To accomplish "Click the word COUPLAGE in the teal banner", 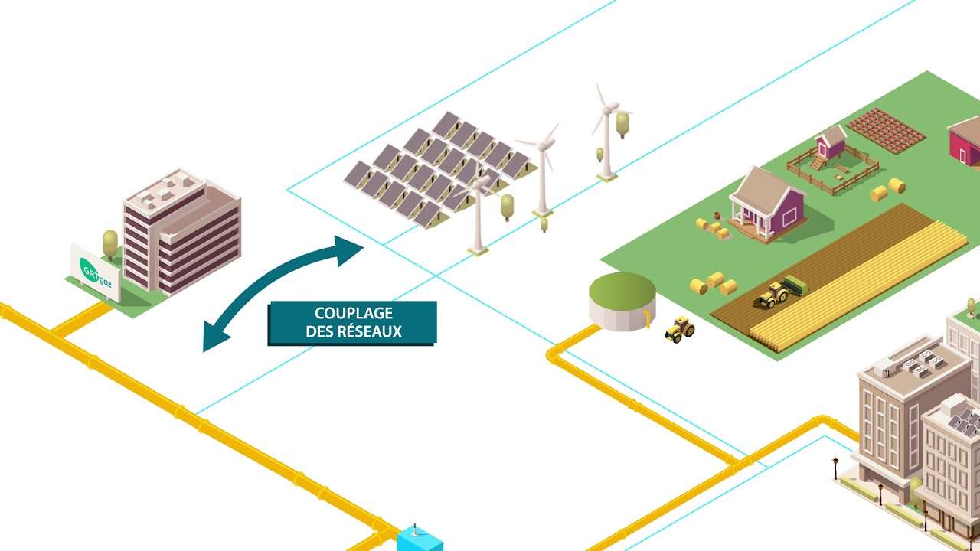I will (353, 313).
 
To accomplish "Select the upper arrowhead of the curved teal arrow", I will (348, 249).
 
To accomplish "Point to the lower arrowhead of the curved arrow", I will (214, 337).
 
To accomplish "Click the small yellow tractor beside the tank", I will (679, 329).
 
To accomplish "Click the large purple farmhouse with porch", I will (768, 203).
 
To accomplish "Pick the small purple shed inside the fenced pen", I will (830, 143).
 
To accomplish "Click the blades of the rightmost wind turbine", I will (606, 108).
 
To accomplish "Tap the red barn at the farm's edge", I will (966, 142).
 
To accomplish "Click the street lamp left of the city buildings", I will (835, 468).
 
